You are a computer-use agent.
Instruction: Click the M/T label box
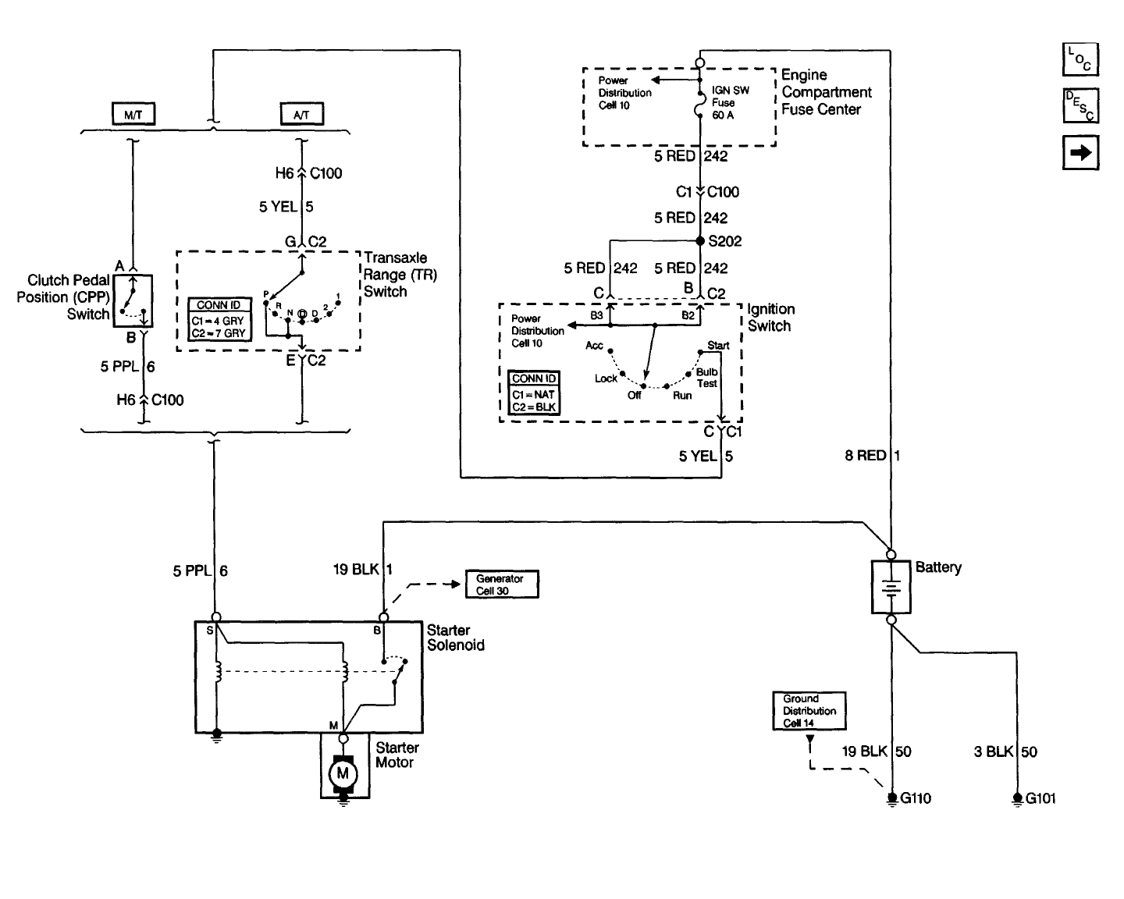[133, 115]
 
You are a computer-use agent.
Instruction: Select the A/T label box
[302, 115]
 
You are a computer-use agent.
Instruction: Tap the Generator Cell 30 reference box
[501, 585]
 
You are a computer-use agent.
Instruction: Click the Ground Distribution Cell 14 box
[809, 711]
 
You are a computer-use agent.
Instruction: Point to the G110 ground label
[916, 798]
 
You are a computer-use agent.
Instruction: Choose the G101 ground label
[1040, 798]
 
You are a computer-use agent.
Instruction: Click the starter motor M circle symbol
[342, 773]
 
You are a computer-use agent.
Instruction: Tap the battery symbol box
[891, 587]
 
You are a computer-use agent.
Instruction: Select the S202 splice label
[724, 241]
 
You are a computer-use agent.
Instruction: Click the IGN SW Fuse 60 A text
[730, 102]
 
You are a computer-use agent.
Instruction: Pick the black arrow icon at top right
[1080, 153]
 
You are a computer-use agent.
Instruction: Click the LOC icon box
[1080, 59]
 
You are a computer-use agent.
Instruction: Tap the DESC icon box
[1080, 106]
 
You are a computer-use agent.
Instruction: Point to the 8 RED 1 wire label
[873, 455]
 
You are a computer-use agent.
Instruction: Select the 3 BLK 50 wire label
[1005, 752]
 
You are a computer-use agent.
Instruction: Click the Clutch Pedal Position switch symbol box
[132, 300]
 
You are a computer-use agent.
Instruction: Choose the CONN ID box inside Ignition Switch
[534, 393]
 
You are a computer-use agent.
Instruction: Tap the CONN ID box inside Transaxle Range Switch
[219, 319]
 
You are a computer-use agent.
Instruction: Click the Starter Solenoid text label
[455, 638]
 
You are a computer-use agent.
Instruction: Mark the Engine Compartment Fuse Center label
[826, 92]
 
